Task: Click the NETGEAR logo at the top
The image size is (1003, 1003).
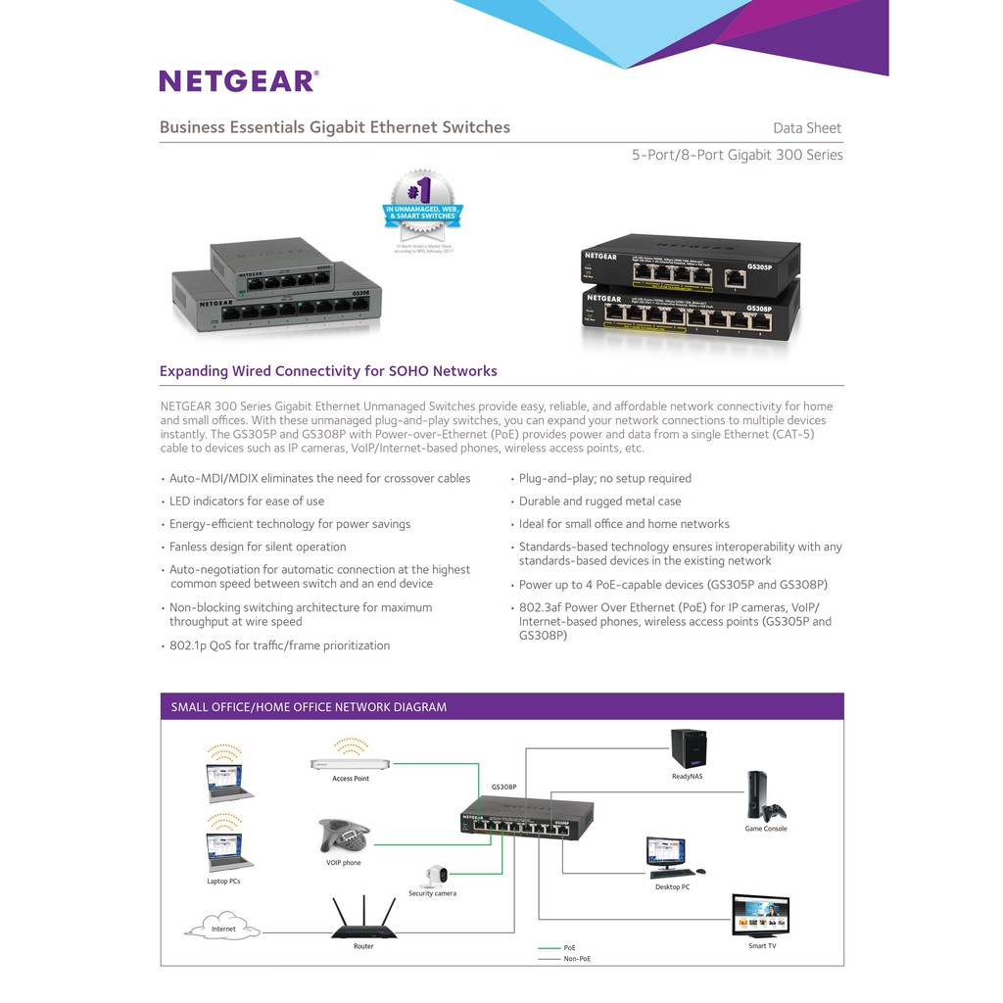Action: click(238, 80)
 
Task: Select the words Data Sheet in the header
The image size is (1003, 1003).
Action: click(806, 128)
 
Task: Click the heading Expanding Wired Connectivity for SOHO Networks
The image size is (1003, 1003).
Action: click(328, 371)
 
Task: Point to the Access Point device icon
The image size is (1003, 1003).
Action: click(350, 763)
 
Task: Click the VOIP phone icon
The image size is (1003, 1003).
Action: click(343, 836)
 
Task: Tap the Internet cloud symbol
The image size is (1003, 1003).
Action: click(223, 928)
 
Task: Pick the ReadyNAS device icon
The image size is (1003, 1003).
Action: click(688, 749)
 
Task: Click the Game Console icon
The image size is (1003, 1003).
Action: click(764, 797)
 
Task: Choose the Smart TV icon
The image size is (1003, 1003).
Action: click(761, 917)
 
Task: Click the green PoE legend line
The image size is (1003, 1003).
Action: click(549, 948)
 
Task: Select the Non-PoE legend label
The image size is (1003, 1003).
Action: click(577, 959)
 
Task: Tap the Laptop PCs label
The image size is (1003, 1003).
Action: click(223, 882)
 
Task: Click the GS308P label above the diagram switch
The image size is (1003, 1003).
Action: click(503, 787)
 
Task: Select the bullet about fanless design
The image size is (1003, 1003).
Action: click(258, 547)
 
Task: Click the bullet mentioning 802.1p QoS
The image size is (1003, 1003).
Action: click(279, 645)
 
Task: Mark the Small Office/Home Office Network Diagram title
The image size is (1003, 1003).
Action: click(309, 707)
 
